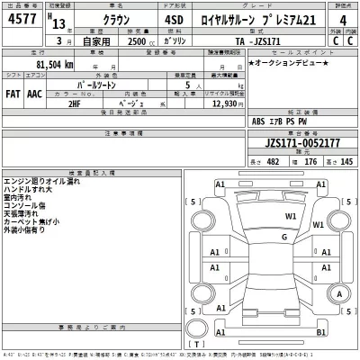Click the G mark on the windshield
click(x=283, y=236)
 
